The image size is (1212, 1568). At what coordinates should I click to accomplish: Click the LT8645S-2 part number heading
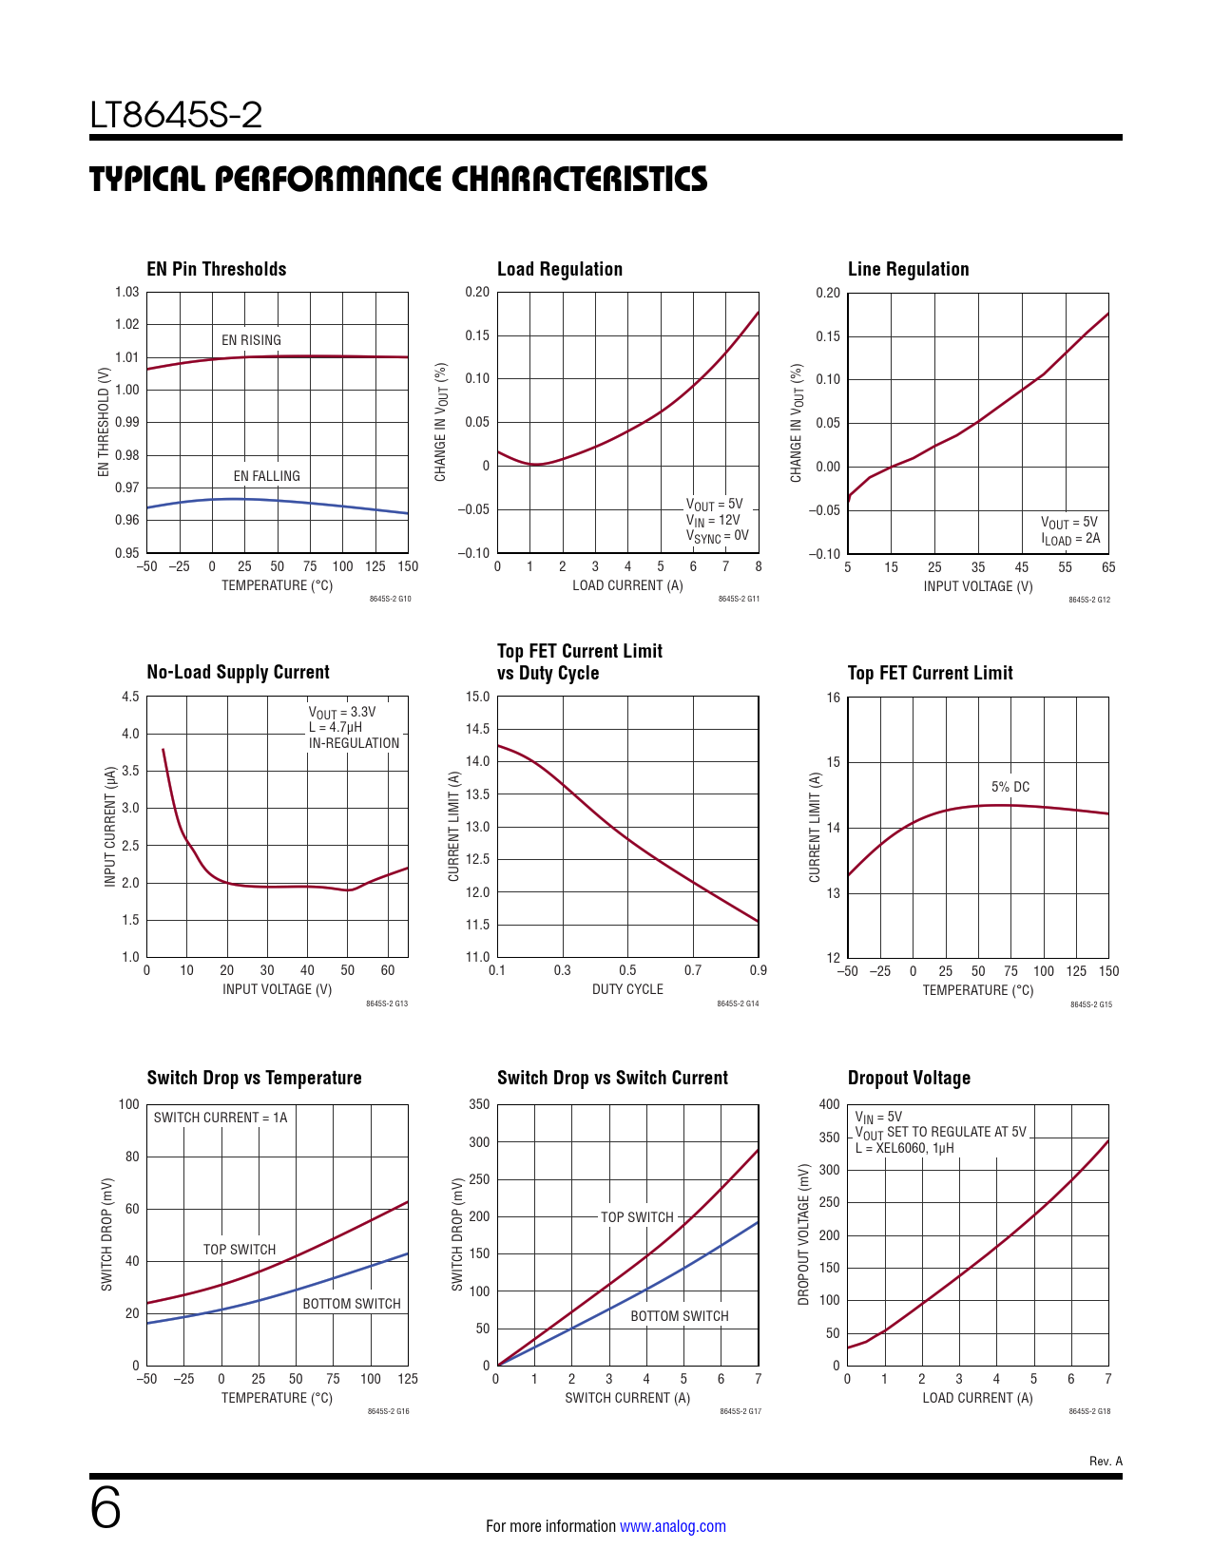tap(176, 115)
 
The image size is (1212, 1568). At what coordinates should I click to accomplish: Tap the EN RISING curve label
tap(251, 340)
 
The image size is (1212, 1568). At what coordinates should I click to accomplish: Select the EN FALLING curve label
tap(266, 476)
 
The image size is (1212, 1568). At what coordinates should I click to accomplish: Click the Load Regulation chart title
tap(559, 269)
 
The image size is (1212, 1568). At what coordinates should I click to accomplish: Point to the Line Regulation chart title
tap(908, 269)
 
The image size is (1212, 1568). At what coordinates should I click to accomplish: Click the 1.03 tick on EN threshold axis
tap(127, 292)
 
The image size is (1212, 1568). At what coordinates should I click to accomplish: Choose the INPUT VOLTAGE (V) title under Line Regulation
tap(977, 586)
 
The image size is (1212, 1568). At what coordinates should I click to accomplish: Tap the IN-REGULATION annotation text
tap(354, 743)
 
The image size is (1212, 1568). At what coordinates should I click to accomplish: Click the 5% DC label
tap(1010, 787)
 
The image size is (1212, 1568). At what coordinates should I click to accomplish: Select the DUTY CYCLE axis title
tap(627, 989)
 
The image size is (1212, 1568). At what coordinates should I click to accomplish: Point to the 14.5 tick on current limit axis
tap(477, 729)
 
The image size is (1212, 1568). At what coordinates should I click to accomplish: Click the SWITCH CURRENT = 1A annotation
tap(221, 1118)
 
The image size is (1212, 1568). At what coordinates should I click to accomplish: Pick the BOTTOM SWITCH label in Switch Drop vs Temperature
tap(351, 1304)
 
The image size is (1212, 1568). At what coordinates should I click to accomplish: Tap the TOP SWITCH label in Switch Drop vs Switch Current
tap(637, 1217)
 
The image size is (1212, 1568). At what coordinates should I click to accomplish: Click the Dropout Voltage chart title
tap(909, 1078)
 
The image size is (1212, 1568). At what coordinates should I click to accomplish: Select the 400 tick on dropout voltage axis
tap(829, 1104)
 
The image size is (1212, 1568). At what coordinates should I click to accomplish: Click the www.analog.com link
tap(672, 1526)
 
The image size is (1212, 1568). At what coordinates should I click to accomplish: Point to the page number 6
tap(106, 1508)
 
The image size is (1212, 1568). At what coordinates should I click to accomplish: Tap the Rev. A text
tap(1106, 1462)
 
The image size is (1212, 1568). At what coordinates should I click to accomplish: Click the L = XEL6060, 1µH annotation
tap(904, 1148)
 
